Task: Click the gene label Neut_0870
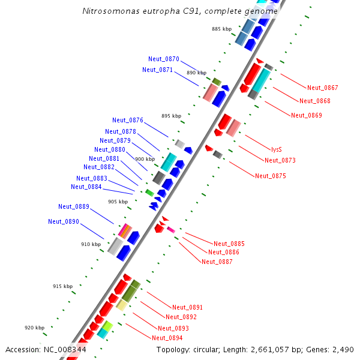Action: coord(163,59)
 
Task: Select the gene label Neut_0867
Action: coord(322,88)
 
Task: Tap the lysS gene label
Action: coord(276,149)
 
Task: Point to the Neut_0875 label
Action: coord(270,176)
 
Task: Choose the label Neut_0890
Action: coord(63,222)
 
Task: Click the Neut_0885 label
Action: coord(229,244)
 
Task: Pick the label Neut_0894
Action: coord(167,338)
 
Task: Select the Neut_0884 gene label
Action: coord(86,187)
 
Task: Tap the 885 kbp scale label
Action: coord(221,29)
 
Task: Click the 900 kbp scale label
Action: coord(145,159)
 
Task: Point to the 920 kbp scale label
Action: coord(34,328)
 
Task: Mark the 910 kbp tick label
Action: coord(91,245)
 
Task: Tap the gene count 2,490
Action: coord(343,349)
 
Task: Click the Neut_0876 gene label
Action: coord(127,121)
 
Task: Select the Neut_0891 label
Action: coord(187,307)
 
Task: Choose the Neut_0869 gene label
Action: coord(306,115)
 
